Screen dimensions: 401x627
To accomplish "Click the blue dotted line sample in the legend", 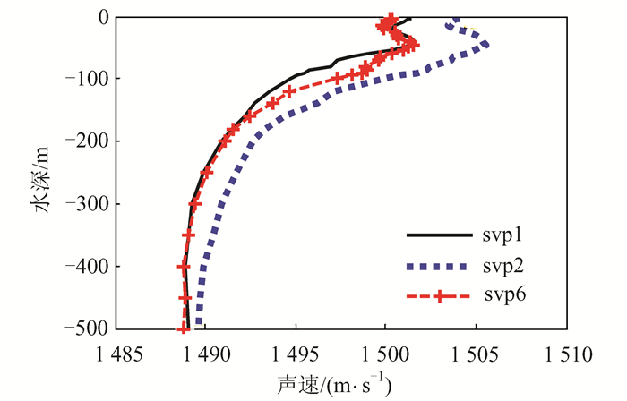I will (438, 266).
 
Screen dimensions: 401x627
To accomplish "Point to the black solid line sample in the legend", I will (438, 236).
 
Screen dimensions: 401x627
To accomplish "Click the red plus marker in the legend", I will (438, 295).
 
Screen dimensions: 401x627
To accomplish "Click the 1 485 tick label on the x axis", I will (116, 354).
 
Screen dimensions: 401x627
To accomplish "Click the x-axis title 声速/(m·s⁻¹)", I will (339, 383).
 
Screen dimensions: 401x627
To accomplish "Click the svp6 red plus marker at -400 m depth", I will (184, 267).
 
